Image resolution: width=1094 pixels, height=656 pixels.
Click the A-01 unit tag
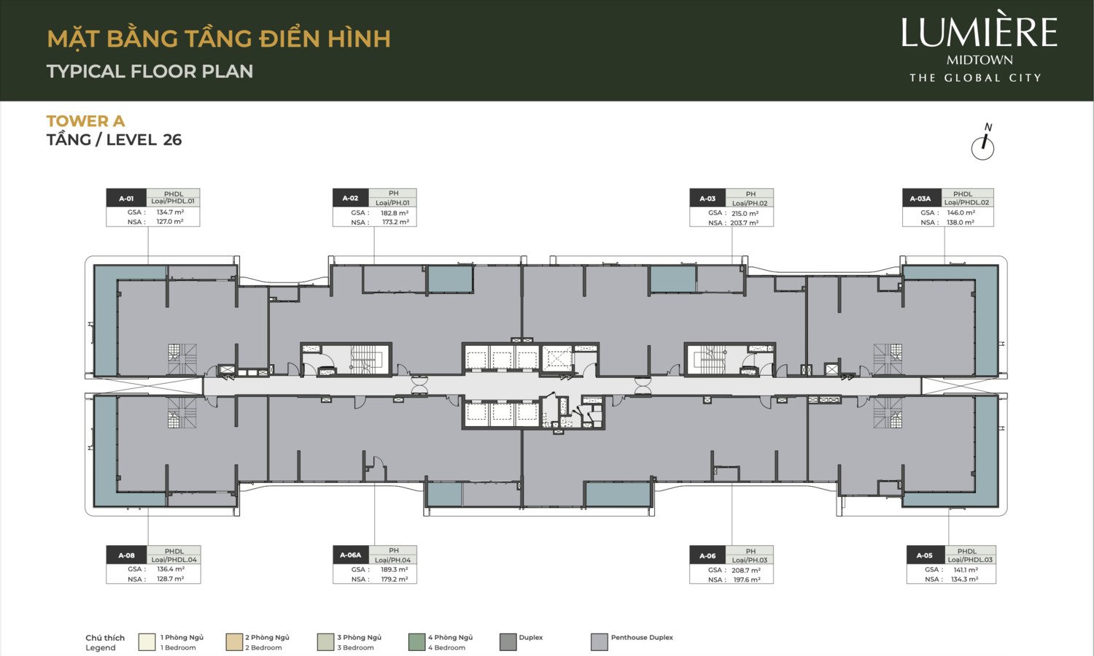(127, 198)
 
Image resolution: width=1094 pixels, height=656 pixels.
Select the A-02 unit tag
(351, 198)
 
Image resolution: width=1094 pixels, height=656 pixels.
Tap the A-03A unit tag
(921, 198)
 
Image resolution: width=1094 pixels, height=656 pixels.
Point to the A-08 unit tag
(127, 555)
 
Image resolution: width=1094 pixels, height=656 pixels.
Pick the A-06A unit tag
(351, 555)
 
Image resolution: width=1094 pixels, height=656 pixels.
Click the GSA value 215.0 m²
(745, 214)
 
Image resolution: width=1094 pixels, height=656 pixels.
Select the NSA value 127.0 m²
(170, 222)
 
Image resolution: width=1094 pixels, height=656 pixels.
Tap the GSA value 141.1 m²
(966, 570)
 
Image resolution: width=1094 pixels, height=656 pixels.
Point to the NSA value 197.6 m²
(745, 579)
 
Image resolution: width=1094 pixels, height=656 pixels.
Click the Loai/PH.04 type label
(393, 560)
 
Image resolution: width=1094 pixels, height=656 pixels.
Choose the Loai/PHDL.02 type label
(967, 202)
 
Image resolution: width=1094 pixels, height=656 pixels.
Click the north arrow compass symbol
(983, 144)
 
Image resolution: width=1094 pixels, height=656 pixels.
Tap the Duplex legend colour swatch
(508, 642)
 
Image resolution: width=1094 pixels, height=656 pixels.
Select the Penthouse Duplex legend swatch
(600, 642)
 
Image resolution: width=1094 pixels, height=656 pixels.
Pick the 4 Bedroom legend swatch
(417, 642)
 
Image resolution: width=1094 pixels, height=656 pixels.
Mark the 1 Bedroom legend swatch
(147, 642)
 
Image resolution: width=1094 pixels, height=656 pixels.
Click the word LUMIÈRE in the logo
(979, 33)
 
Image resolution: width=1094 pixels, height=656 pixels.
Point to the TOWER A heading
(85, 121)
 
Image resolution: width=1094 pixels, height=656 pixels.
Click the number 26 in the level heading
(172, 140)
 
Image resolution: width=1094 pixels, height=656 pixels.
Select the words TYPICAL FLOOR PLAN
(150, 72)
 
